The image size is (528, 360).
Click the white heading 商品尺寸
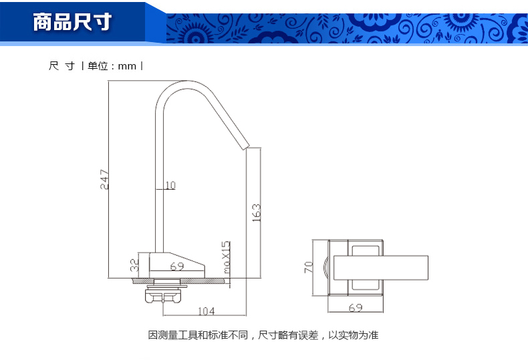pyautogui.click(x=73, y=22)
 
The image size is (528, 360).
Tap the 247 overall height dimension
pyautogui.click(x=104, y=179)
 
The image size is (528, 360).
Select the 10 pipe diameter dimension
pyautogui.click(x=169, y=185)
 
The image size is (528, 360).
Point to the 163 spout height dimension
pyautogui.click(x=257, y=212)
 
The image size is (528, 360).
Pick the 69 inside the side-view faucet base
pyautogui.click(x=176, y=266)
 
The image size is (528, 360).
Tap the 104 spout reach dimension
pyautogui.click(x=207, y=311)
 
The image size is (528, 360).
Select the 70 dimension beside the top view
pyautogui.click(x=309, y=268)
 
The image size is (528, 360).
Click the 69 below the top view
pyautogui.click(x=356, y=307)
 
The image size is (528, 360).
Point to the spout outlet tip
pyautogui.click(x=245, y=144)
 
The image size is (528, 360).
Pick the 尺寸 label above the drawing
pyautogui.click(x=61, y=66)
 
